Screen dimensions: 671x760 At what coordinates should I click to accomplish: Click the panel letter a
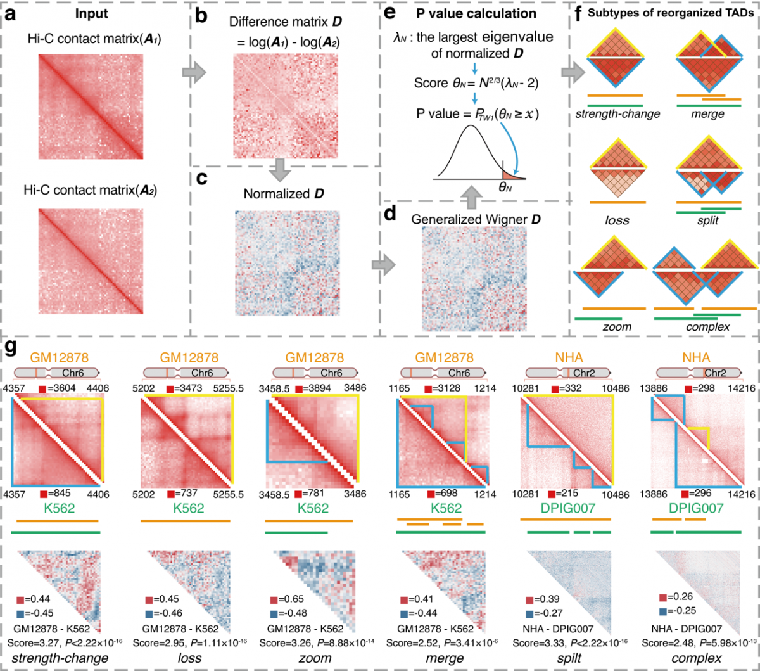tap(11, 14)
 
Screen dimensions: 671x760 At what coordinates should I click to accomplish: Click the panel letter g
tap(10, 347)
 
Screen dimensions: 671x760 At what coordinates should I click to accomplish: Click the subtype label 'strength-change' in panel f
tap(617, 114)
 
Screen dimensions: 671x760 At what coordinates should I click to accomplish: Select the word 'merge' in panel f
tap(707, 114)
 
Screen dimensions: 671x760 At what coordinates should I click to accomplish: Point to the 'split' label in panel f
tap(707, 220)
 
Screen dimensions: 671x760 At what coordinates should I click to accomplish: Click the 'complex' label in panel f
tap(707, 327)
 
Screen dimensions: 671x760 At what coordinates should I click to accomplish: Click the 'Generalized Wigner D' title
tap(474, 219)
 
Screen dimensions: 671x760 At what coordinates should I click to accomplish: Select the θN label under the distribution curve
tap(505, 187)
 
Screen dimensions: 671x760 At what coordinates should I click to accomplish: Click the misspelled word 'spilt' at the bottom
tap(568, 658)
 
